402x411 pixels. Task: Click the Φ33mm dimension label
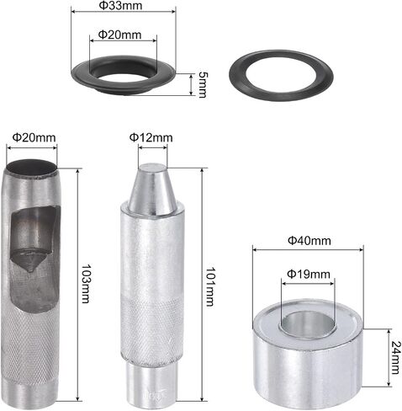tap(121, 5)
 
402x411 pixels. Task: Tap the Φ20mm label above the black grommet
tap(119, 35)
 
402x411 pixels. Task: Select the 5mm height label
tap(202, 84)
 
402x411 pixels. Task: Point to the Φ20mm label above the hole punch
tap(34, 137)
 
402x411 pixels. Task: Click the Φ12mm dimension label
tap(151, 137)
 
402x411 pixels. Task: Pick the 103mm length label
tap(85, 283)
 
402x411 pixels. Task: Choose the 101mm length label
tap(210, 286)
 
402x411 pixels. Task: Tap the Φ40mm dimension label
tap(309, 241)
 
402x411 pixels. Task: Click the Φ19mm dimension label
tap(309, 274)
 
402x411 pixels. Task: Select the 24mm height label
tap(394, 357)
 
